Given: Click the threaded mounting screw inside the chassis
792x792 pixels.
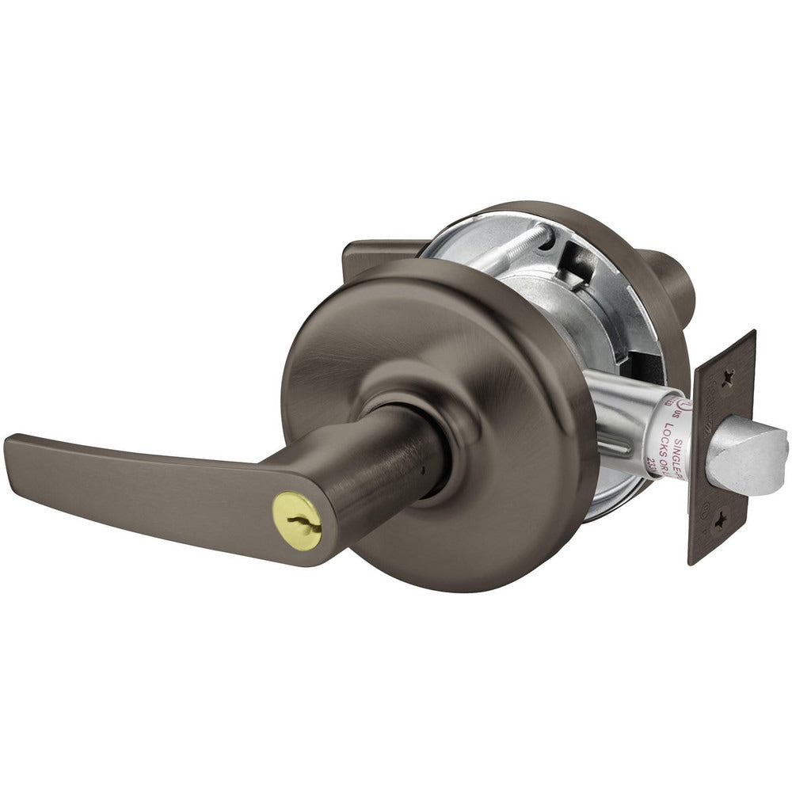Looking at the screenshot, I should click(x=515, y=246).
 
